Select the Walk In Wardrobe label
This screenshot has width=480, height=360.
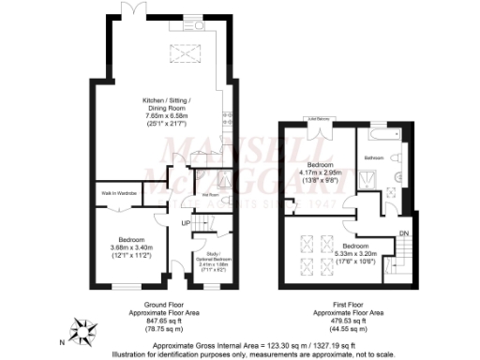pyautogui.click(x=119, y=193)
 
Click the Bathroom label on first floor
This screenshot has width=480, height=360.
pyautogui.click(x=375, y=157)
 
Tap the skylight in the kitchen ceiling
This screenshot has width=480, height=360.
pyautogui.click(x=183, y=53)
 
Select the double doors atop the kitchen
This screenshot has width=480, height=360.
pyautogui.click(x=135, y=8)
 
